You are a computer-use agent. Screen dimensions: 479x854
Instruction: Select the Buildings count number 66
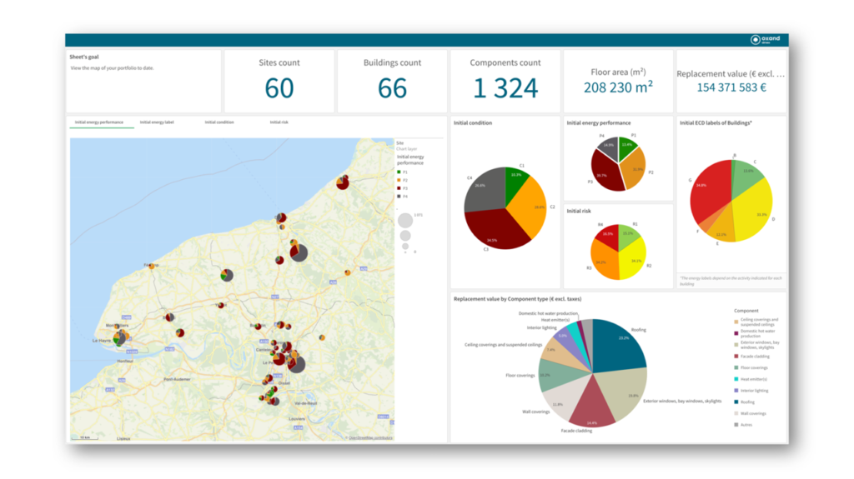click(392, 87)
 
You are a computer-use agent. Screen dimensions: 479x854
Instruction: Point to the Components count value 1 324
click(505, 87)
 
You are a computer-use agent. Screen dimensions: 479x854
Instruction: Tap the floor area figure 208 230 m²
click(618, 87)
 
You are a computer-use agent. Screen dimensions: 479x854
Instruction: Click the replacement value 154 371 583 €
click(731, 87)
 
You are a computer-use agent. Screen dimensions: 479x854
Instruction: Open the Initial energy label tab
click(157, 122)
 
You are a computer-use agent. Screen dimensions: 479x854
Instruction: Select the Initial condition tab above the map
click(219, 122)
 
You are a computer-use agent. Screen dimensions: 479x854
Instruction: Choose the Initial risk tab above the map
click(279, 122)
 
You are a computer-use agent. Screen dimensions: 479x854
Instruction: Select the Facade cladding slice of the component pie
click(590, 404)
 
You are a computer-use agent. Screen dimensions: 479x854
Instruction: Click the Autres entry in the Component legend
click(744, 424)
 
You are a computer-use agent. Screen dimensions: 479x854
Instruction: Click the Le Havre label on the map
click(102, 341)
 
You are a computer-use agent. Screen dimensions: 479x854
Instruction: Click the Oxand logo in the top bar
click(765, 39)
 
